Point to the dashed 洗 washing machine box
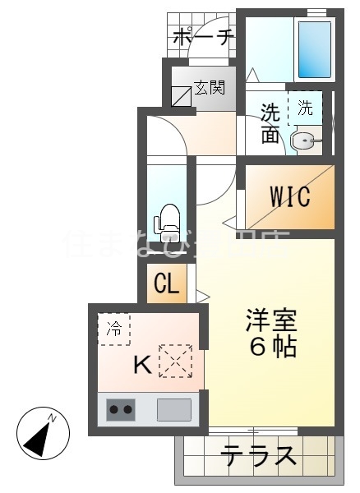305,108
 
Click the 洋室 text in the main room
270,320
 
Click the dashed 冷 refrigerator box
114,329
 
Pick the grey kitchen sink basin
173,408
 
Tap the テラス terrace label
258,454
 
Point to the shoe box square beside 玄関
181,95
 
